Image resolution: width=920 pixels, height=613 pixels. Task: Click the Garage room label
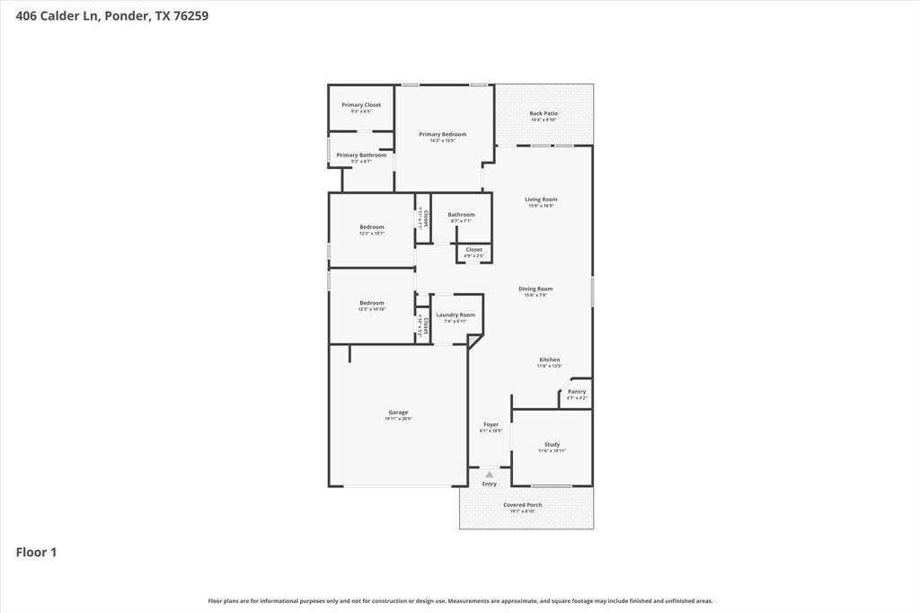[x=397, y=413]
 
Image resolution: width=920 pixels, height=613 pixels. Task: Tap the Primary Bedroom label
[x=442, y=135]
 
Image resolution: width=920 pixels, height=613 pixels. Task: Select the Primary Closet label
[x=361, y=105]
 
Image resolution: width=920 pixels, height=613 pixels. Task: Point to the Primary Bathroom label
[x=361, y=155]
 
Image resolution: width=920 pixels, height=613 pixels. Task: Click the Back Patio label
[x=544, y=114]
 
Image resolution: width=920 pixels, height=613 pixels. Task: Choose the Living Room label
[x=541, y=200]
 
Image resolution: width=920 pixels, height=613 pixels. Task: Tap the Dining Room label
[x=535, y=289]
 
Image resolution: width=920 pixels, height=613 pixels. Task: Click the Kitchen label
[x=550, y=360]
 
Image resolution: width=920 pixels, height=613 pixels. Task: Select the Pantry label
[x=577, y=392]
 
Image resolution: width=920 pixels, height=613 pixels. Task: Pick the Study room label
[x=552, y=445]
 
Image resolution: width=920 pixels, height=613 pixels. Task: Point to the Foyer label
[x=491, y=424]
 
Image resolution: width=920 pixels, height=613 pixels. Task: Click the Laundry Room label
[x=456, y=315]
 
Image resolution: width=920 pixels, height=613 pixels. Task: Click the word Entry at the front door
[x=489, y=484]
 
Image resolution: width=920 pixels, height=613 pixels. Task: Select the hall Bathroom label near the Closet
[x=461, y=215]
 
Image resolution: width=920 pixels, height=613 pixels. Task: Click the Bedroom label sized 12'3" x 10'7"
[x=372, y=227]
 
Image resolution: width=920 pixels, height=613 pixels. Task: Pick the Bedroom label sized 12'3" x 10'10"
[x=372, y=303]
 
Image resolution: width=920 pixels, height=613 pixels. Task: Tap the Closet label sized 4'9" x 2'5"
[x=473, y=250]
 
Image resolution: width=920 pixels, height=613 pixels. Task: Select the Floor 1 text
[x=36, y=552]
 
